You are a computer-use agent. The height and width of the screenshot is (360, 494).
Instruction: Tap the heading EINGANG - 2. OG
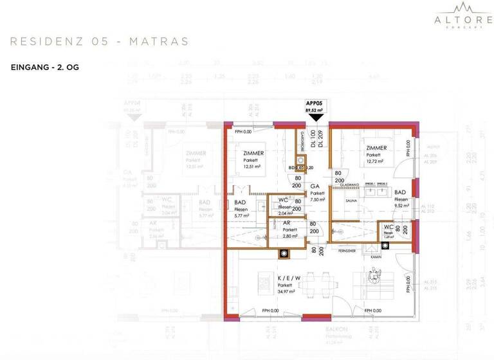[44, 67]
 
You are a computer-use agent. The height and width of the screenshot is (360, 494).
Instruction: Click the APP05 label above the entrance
[314, 103]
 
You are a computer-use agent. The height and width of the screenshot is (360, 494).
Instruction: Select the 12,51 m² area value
[252, 166]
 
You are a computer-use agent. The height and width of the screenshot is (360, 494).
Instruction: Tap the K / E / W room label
[288, 278]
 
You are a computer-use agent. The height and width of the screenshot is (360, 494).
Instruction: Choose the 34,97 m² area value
[287, 291]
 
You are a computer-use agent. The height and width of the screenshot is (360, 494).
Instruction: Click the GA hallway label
[315, 186]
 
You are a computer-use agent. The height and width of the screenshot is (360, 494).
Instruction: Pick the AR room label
[287, 222]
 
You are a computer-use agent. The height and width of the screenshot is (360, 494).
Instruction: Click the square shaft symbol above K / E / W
[283, 253]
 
